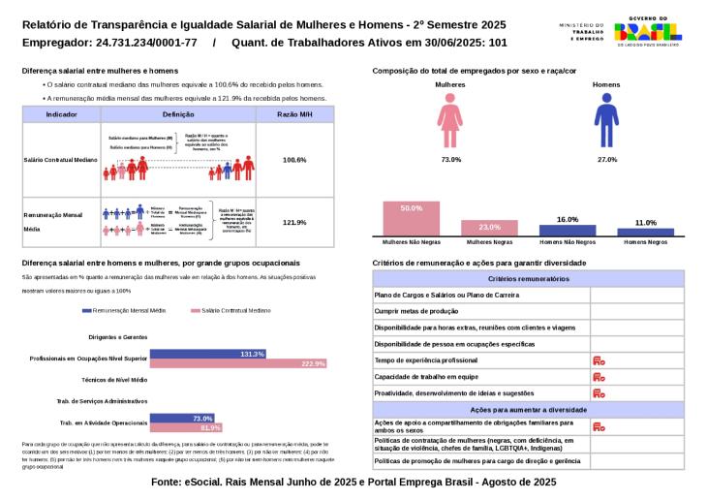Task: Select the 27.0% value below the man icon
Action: [606, 159]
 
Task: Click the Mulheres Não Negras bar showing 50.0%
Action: [412, 218]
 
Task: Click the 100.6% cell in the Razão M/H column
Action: [294, 159]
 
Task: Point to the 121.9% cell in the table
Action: [294, 222]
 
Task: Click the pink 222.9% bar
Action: [238, 363]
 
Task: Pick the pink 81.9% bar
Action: [186, 427]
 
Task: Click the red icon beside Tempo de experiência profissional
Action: [599, 360]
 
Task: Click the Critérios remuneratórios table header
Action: [528, 278]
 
